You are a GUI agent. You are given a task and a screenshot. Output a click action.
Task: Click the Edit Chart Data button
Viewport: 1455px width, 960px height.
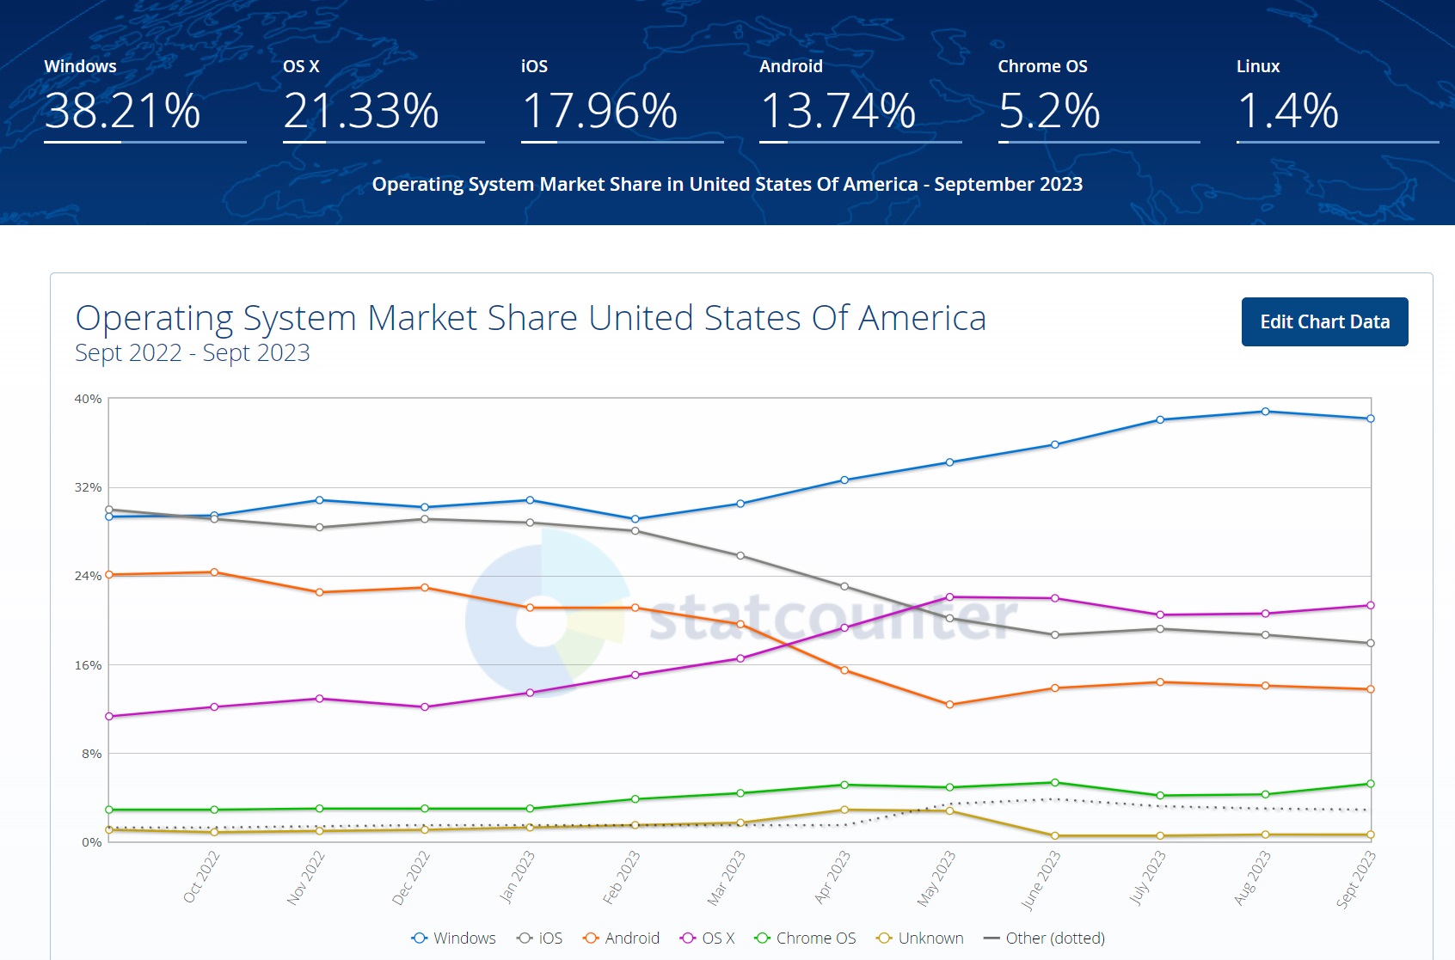(x=1324, y=321)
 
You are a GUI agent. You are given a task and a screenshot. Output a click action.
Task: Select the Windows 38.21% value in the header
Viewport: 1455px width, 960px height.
(x=122, y=111)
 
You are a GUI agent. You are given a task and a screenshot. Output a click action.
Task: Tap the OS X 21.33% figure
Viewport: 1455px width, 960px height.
(x=360, y=111)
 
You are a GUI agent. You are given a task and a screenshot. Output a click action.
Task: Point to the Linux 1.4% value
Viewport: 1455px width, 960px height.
(x=1287, y=111)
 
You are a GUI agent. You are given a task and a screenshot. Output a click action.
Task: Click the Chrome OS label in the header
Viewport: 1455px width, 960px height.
(x=1042, y=66)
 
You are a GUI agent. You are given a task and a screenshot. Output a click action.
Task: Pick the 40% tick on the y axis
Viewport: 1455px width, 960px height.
(x=88, y=399)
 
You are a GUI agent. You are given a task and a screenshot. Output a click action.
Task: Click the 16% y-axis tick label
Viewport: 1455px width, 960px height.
(x=88, y=665)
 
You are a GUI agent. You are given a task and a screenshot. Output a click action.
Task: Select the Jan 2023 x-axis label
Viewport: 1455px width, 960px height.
(x=518, y=877)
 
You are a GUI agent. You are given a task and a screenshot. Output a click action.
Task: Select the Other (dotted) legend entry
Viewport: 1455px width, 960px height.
(x=1044, y=938)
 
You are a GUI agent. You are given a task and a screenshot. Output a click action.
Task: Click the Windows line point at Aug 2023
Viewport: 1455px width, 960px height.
(x=1265, y=412)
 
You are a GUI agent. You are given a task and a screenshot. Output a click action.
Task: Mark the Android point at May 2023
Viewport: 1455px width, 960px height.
(x=949, y=705)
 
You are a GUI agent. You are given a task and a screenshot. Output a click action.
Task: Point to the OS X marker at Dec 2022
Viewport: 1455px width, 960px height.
(x=425, y=707)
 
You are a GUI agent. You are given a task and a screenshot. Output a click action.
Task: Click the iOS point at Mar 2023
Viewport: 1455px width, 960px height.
(x=740, y=556)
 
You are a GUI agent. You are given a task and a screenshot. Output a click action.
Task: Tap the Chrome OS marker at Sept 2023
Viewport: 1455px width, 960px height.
(x=1370, y=784)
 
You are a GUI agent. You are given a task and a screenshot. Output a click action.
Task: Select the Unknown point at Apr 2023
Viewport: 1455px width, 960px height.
(x=844, y=810)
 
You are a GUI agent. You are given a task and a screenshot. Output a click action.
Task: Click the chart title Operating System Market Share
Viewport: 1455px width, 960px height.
(x=531, y=318)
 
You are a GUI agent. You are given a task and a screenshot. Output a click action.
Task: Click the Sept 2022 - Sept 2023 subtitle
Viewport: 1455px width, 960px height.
(x=193, y=353)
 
